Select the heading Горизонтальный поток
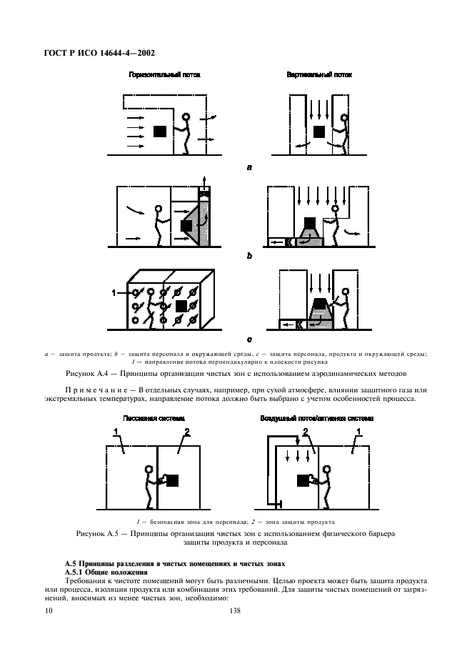coord(164,74)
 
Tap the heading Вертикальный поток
coord(318,74)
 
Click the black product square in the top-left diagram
coord(161,132)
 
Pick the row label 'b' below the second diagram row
coord(248,254)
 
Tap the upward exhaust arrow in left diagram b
coord(205,179)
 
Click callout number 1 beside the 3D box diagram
coord(114,292)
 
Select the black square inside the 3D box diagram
coord(181,306)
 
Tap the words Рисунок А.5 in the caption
coord(100,534)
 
